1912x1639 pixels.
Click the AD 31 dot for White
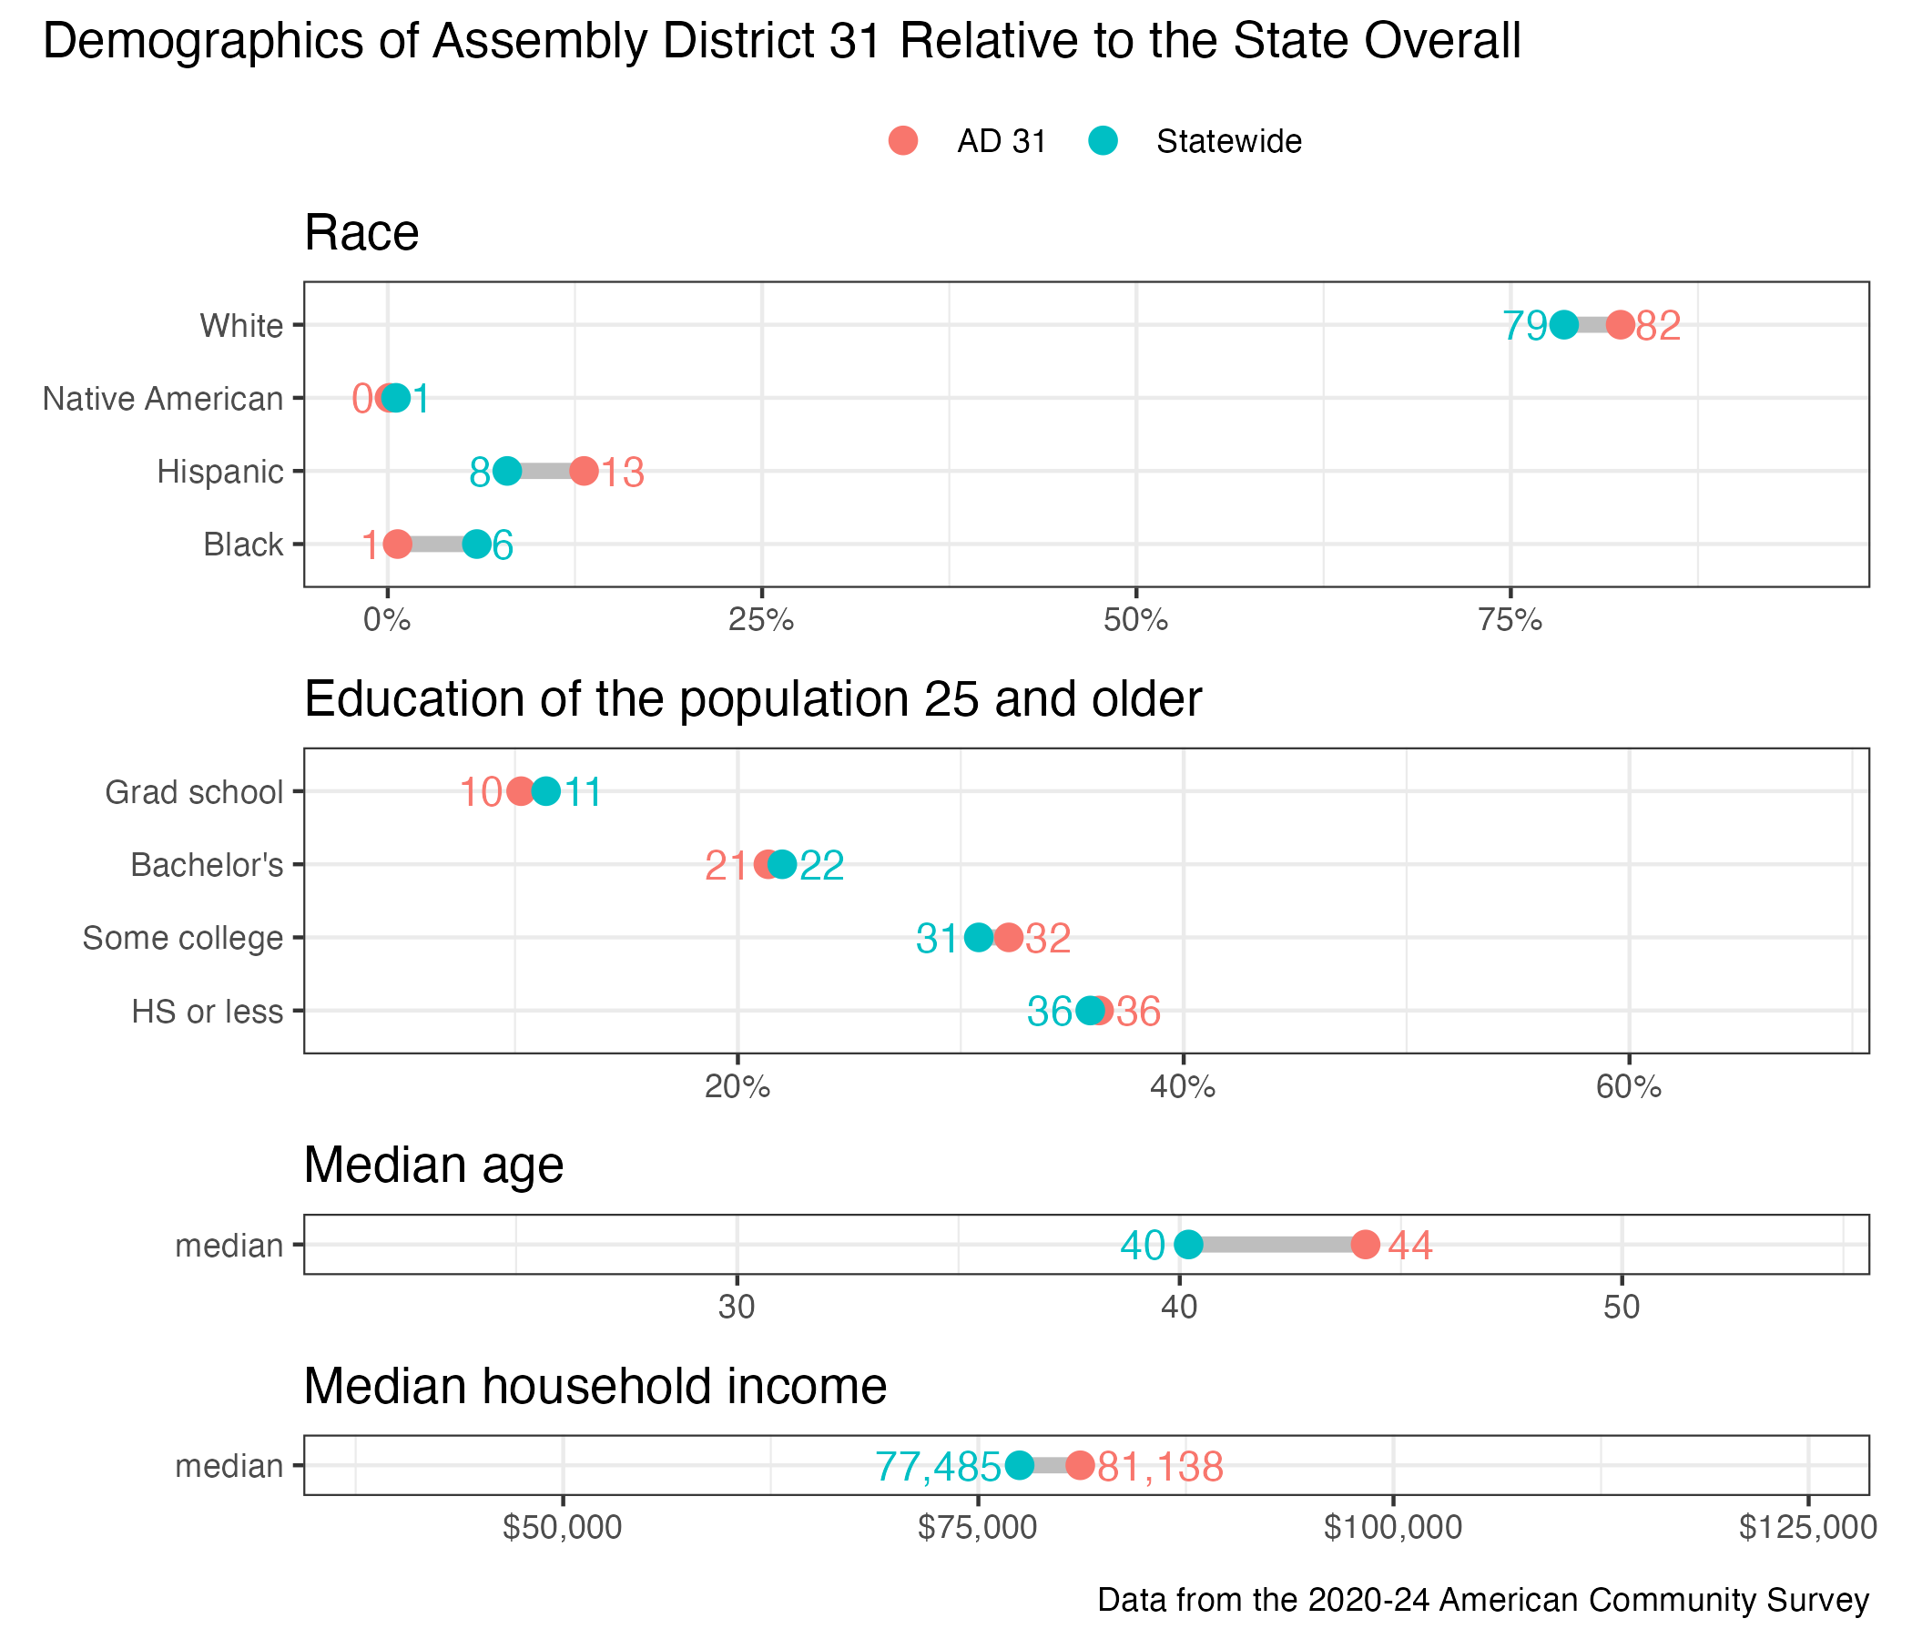click(x=1621, y=325)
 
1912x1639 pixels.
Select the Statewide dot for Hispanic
click(x=506, y=471)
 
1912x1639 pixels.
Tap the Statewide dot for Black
click(x=476, y=545)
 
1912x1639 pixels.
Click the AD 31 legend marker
click(x=903, y=141)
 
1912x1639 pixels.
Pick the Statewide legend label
click(x=1228, y=142)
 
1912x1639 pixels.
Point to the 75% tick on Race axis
click(x=1510, y=620)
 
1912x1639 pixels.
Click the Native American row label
click(x=162, y=399)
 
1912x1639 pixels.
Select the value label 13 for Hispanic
click(x=623, y=473)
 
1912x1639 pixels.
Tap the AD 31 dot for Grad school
click(x=521, y=792)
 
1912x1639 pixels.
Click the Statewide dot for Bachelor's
click(x=782, y=865)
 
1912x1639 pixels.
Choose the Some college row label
click(x=183, y=938)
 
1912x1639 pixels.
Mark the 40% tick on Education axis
click(x=1183, y=1087)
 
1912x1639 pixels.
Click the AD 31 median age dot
click(x=1366, y=1244)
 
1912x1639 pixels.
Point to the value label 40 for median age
click(x=1143, y=1246)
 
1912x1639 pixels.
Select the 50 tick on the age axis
click(x=1622, y=1308)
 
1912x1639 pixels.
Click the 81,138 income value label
click(x=1160, y=1466)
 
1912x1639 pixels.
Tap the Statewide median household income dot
click(x=1019, y=1464)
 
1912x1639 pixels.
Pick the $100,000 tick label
click(x=1392, y=1528)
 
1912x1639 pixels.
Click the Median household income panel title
click(x=595, y=1386)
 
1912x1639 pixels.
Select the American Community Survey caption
click(x=1483, y=1599)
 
